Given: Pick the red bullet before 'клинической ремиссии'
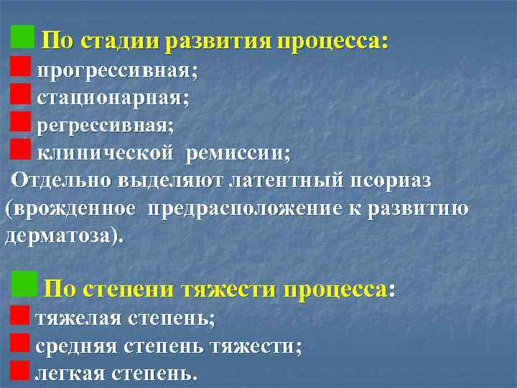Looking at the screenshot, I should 21,149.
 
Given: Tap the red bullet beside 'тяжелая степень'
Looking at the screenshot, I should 21,315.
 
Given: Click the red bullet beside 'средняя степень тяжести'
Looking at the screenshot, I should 21,343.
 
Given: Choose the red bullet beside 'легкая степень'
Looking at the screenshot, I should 21,370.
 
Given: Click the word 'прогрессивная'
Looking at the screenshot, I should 116,72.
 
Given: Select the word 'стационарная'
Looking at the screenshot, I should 111,99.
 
